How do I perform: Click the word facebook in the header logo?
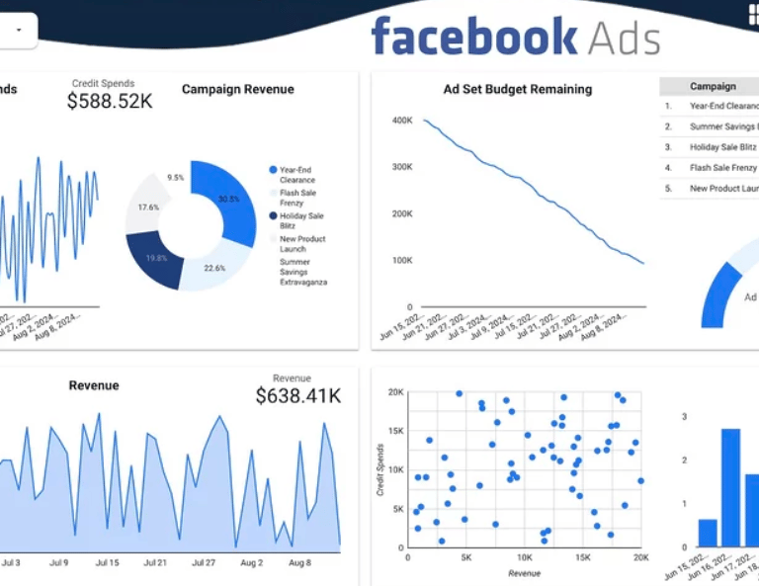click(473, 38)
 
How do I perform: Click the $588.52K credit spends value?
click(110, 101)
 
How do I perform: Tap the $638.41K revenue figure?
click(297, 396)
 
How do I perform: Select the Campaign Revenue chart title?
click(237, 89)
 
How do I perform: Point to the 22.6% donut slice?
click(211, 270)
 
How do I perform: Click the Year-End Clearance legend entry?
click(295, 175)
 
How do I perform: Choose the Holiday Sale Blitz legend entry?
click(300, 220)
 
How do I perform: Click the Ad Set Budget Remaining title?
click(517, 89)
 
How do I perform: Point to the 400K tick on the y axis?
click(401, 121)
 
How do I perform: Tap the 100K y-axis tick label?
click(401, 261)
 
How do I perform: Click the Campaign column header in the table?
click(713, 87)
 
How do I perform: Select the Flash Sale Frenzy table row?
click(722, 168)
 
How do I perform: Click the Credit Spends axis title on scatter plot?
click(380, 470)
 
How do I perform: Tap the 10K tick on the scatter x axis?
click(525, 558)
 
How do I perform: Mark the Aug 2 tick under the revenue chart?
click(252, 563)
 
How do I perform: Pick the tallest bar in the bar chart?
click(730, 488)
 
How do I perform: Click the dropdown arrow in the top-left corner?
click(18, 30)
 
